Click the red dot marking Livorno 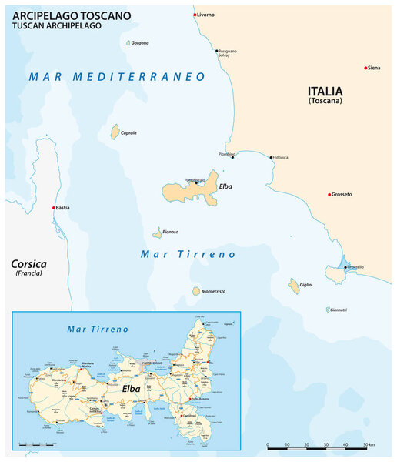pyautogui.click(x=194, y=15)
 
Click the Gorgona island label pyautogui.click(x=140, y=43)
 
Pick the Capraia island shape pyautogui.click(x=115, y=132)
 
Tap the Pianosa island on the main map pyautogui.click(x=157, y=232)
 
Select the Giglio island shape pyautogui.click(x=294, y=286)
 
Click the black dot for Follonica pyautogui.click(x=270, y=157)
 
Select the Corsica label pyautogui.click(x=29, y=263)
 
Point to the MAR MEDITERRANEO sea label pyautogui.click(x=117, y=77)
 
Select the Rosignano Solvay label pyautogui.click(x=228, y=54)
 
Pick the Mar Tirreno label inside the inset pyautogui.click(x=98, y=329)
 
